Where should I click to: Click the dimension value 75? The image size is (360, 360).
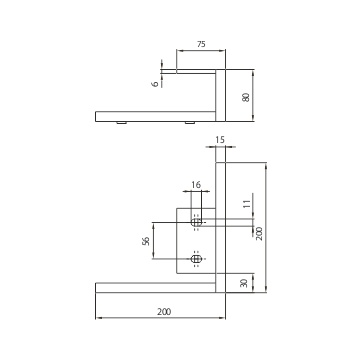pos(201,44)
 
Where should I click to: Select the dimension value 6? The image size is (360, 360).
pos(155,84)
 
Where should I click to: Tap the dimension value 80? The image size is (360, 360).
pos(246,97)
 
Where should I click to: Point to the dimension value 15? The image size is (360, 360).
pos(220,140)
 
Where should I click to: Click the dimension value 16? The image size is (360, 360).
pos(196,185)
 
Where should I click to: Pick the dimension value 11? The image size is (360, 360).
pos(246,204)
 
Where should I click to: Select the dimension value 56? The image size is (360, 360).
pos(146,241)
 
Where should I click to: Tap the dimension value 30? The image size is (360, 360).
pos(244,283)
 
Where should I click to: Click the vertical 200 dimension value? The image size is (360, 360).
pos(259,233)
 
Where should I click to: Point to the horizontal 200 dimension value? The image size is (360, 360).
pos(164,312)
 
